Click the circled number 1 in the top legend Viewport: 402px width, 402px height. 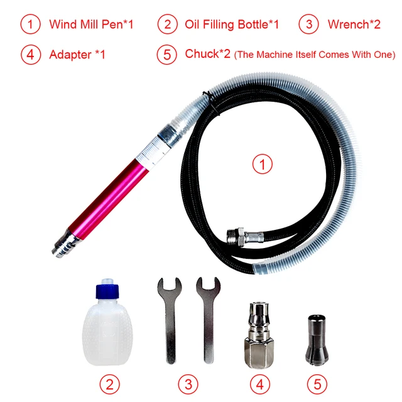pos(30,25)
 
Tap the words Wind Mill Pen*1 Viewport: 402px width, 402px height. pos(91,25)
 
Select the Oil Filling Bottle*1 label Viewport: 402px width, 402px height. pos(232,25)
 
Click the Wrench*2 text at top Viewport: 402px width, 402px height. pos(354,25)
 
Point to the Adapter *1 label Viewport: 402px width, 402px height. pos(77,55)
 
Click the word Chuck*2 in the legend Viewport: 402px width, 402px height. pos(207,55)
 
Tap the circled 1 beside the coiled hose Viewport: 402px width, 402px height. pos(263,165)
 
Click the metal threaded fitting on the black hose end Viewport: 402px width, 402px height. pos(239,238)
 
